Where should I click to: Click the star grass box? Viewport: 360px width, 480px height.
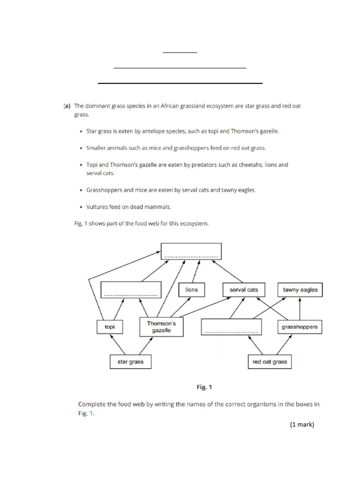(130, 362)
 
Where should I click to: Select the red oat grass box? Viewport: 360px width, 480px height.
(269, 362)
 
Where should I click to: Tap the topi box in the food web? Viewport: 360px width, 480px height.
(110, 327)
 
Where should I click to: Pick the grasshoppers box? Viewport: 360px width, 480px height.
(300, 327)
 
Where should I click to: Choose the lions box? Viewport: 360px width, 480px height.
(192, 290)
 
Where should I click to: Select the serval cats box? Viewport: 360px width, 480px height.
(244, 290)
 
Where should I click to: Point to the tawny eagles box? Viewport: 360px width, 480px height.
(300, 290)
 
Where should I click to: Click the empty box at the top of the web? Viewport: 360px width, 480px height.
(191, 251)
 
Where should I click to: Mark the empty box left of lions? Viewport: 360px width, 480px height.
(131, 290)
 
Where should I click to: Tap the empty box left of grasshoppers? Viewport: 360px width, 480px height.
(231, 327)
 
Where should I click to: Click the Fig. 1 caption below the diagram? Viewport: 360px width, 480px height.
(204, 387)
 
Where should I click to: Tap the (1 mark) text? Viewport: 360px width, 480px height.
(301, 425)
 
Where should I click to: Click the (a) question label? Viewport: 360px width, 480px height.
(67, 106)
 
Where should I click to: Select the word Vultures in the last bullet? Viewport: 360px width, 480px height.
(97, 207)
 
